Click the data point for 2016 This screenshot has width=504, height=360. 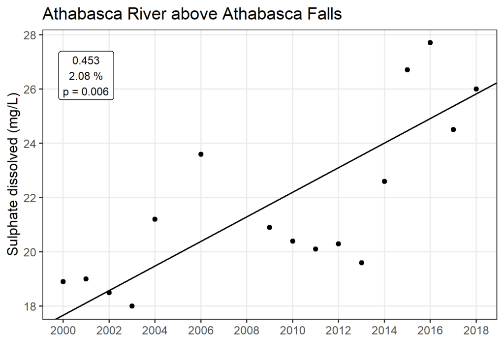click(x=430, y=43)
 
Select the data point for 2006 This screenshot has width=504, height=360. click(x=201, y=154)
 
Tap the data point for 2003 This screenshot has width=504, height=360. click(x=132, y=306)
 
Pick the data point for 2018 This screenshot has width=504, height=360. click(x=476, y=89)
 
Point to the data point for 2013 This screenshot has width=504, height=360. click(x=361, y=263)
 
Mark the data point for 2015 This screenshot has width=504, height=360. click(x=407, y=70)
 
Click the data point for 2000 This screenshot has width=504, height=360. click(x=63, y=281)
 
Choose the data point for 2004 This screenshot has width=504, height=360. click(x=155, y=219)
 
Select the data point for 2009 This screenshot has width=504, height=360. click(x=269, y=227)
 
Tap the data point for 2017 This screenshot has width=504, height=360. click(x=453, y=129)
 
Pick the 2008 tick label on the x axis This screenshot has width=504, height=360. click(x=247, y=329)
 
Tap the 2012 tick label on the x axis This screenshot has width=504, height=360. click(x=338, y=329)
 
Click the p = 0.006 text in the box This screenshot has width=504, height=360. click(x=86, y=91)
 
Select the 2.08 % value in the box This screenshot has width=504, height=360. click(x=86, y=76)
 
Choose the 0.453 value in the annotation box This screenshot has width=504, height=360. click(x=86, y=61)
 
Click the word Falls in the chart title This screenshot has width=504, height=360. click(x=323, y=15)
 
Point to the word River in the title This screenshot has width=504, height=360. click(x=138, y=15)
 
